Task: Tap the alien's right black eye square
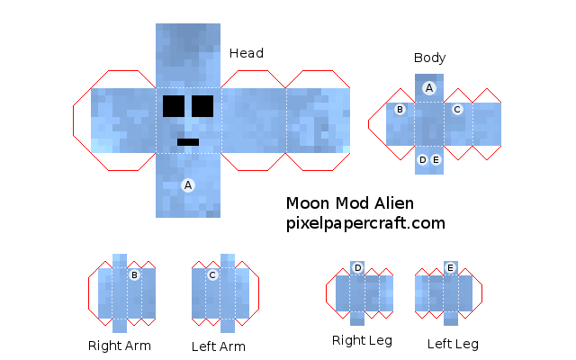click(x=202, y=106)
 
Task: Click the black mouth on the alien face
click(x=188, y=141)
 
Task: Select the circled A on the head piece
click(x=188, y=184)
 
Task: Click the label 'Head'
click(x=247, y=53)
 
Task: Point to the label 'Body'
click(x=429, y=58)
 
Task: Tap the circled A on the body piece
click(x=429, y=88)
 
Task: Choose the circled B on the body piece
click(x=400, y=110)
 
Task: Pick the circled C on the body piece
click(x=457, y=110)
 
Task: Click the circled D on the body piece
click(x=423, y=160)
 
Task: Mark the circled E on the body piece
click(x=436, y=160)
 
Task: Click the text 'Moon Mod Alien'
click(x=350, y=203)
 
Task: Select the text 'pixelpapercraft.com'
click(x=365, y=222)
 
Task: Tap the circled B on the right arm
click(x=134, y=275)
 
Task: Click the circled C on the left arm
click(x=212, y=275)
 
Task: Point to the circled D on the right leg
click(x=357, y=268)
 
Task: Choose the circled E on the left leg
click(x=450, y=268)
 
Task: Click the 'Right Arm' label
click(x=120, y=345)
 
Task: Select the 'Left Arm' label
click(x=219, y=346)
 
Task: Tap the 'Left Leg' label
click(x=453, y=343)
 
